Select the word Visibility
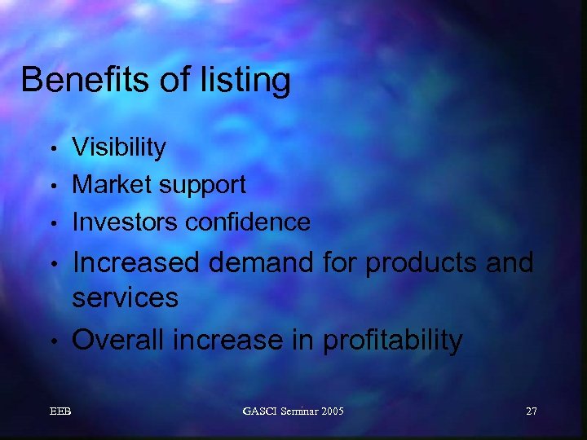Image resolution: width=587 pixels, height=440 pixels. tap(119, 147)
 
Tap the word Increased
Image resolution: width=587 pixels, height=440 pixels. tap(135, 263)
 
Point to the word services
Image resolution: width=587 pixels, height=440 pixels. tap(125, 297)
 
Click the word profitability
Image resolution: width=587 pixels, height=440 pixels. tap(392, 341)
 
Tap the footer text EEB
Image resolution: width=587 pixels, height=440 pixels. tap(60, 411)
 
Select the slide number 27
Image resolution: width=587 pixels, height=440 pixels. tap(531, 411)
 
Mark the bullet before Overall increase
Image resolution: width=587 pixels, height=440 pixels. tap(52, 341)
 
